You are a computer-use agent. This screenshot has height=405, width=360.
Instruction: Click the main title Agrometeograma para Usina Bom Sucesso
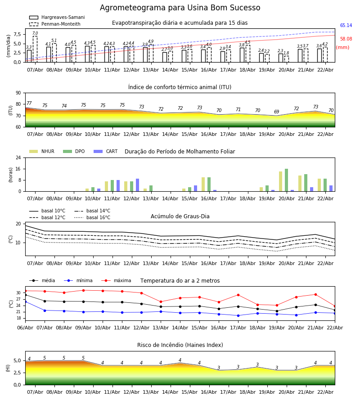point(180,8)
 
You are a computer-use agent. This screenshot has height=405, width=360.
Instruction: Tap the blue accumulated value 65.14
point(346,26)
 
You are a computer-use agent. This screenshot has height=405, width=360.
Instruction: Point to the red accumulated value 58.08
point(346,39)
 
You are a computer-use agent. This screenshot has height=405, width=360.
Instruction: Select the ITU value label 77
point(29,103)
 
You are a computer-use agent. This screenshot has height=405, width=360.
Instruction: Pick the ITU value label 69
point(277,112)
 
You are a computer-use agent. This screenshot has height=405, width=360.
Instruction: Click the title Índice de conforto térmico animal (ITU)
point(180,87)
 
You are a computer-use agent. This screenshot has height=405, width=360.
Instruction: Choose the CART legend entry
point(112,152)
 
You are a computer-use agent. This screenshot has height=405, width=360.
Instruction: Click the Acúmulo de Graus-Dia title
point(180,216)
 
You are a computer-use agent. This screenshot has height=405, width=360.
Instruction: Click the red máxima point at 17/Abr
point(238,295)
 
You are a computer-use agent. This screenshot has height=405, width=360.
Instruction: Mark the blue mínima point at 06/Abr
point(25,301)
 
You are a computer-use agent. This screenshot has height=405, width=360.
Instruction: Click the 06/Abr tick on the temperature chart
point(25,328)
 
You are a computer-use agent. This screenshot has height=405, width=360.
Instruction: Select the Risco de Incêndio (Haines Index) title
point(180,345)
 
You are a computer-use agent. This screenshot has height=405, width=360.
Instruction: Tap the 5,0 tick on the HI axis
point(18,360)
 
